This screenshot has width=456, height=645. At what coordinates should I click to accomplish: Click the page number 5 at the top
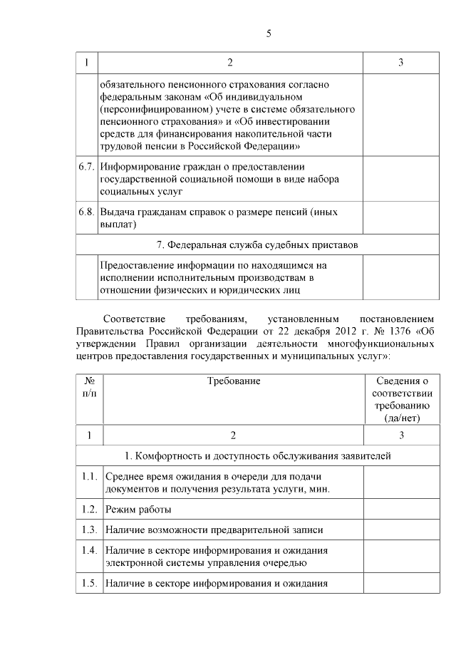(269, 33)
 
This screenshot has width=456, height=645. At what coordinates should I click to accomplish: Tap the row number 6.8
(86, 212)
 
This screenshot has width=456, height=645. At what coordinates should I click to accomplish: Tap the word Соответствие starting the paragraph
(135, 317)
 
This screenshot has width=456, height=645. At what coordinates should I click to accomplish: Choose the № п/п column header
(89, 388)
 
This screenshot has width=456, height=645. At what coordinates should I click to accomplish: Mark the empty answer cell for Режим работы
(402, 510)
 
